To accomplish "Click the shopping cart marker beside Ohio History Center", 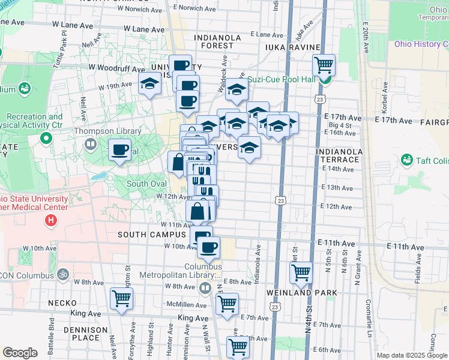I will [324, 65].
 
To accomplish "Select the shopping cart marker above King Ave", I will [121, 298].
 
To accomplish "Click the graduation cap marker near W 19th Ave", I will [149, 84].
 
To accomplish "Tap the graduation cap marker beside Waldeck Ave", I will [237, 91].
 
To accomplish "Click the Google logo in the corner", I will [20, 353].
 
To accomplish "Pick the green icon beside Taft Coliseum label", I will [406, 160].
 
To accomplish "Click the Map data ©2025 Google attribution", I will [412, 355].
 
